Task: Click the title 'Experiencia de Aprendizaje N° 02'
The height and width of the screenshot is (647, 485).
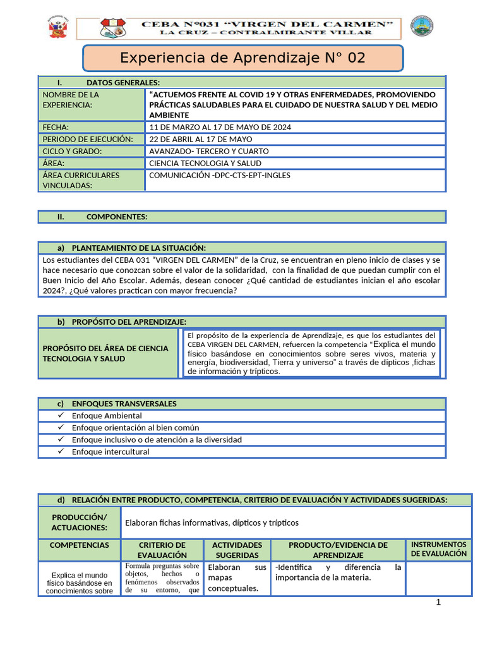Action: coord(242,58)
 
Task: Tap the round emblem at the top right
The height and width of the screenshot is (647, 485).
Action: coord(422,27)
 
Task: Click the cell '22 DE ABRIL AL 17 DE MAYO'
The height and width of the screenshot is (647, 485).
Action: coord(200,139)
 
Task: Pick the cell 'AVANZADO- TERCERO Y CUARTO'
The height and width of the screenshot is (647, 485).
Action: coord(209,151)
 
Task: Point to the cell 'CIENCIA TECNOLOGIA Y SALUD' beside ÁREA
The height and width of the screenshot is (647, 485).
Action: coord(205,163)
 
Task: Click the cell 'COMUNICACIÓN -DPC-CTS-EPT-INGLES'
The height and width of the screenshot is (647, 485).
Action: coord(220,175)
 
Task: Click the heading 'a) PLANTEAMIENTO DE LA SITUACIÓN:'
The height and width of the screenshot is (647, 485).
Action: coord(131,248)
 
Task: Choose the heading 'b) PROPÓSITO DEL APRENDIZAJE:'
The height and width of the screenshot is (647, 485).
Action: coord(121,322)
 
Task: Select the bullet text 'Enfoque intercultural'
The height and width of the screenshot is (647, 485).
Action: coord(111,452)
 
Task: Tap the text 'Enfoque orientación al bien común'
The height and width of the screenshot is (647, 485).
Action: coord(135,428)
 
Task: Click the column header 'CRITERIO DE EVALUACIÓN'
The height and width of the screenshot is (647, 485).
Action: coord(162,550)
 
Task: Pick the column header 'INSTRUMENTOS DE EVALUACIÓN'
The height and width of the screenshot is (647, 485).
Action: coord(438,548)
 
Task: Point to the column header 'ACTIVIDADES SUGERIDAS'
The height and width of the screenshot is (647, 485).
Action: coord(237,550)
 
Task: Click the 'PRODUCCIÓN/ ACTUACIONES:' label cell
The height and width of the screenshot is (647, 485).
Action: coord(80,523)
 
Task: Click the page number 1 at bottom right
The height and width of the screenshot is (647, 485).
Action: coord(438,602)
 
